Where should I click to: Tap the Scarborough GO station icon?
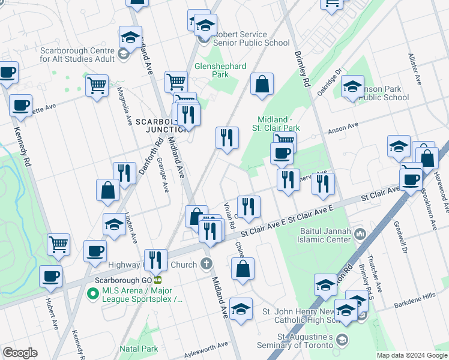(x=158, y=280)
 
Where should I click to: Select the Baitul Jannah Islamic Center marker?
(x=360, y=233)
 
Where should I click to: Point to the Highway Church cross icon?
(x=206, y=264)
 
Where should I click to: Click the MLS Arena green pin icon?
(x=92, y=294)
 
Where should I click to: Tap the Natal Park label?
(x=139, y=349)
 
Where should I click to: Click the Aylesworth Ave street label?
(x=205, y=346)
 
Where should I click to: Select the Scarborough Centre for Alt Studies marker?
(x=124, y=55)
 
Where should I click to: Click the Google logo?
(x=20, y=353)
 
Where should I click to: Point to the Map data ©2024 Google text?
(x=411, y=355)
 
